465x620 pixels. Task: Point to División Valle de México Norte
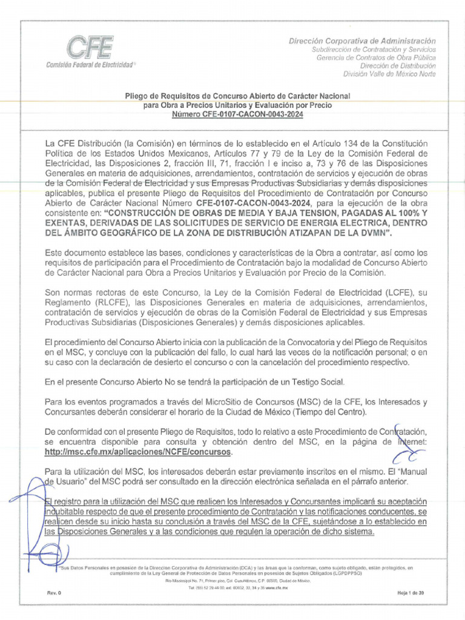(x=389, y=74)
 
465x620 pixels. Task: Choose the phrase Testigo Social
(x=317, y=381)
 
